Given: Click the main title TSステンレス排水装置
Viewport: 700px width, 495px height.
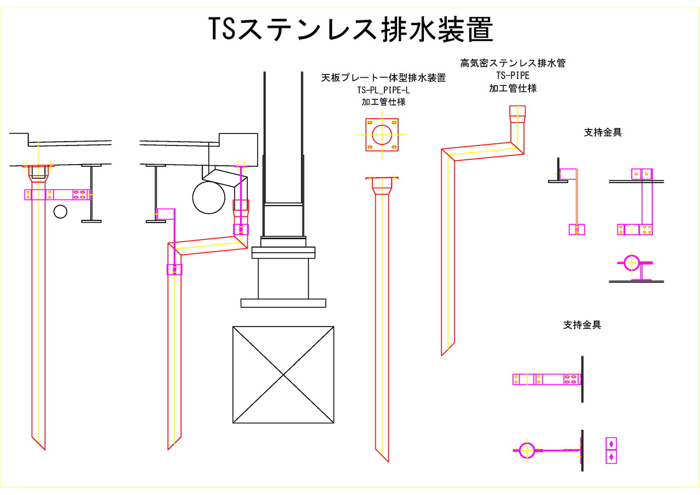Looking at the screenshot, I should pyautogui.click(x=351, y=30).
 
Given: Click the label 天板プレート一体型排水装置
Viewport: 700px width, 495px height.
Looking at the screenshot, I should pyautogui.click(x=383, y=78).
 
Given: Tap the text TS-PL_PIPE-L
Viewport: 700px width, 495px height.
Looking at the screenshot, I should pyautogui.click(x=383, y=90).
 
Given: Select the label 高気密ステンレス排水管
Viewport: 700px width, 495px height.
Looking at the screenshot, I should pyautogui.click(x=512, y=63).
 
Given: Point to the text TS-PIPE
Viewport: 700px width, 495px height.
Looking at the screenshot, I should pyautogui.click(x=512, y=75).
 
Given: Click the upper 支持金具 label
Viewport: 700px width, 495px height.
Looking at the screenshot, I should pyautogui.click(x=603, y=132).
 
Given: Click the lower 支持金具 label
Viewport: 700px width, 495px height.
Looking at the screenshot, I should pyautogui.click(x=582, y=325).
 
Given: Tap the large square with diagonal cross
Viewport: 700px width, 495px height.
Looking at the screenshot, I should pyautogui.click(x=283, y=375).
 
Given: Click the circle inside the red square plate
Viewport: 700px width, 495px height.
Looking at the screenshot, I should pyautogui.click(x=382, y=135).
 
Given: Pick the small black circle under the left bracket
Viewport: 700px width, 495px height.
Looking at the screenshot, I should pyautogui.click(x=60, y=211).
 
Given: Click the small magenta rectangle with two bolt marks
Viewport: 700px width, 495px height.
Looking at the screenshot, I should pyautogui.click(x=611, y=450).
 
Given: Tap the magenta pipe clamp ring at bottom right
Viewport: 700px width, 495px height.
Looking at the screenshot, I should pyautogui.click(x=526, y=450).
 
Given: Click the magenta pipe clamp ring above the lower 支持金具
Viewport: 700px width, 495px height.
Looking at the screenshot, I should pyautogui.click(x=631, y=263).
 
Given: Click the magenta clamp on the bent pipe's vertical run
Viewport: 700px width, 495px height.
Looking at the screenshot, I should pyautogui.click(x=174, y=270).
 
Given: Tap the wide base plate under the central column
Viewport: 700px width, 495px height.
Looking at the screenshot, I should pyautogui.click(x=283, y=303).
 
